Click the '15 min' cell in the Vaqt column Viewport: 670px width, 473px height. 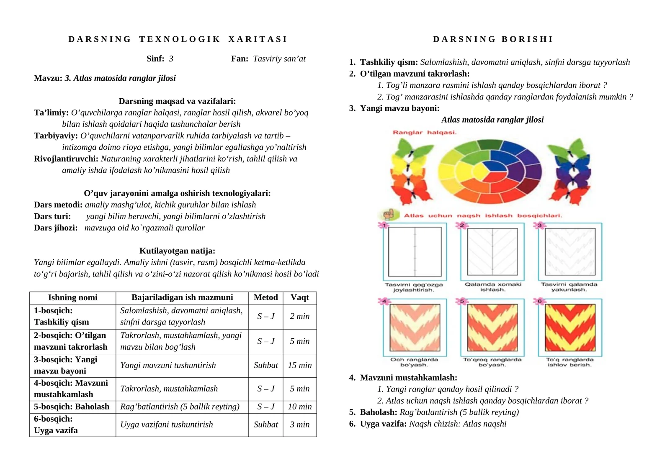point(300,365)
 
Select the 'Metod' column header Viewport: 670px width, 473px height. point(265,297)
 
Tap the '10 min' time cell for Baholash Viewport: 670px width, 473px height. point(300,407)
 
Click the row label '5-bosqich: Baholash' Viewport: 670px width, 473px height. point(72,407)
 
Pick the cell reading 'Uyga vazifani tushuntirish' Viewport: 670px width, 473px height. point(167,424)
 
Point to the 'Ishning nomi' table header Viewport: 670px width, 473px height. point(72,297)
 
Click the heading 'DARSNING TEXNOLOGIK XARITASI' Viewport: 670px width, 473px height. point(178,39)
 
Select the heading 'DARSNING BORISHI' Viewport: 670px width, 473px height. point(493,39)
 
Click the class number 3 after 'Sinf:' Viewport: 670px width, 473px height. point(171,59)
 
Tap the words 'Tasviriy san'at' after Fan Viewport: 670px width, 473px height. point(279,59)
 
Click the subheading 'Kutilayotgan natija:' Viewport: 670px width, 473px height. point(177,251)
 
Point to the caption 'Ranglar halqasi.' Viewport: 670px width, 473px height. point(425,133)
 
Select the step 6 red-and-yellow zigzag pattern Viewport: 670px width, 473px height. point(569,327)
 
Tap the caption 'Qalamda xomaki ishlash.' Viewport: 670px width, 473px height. point(493,287)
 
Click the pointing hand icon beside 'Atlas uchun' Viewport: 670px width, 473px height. point(388,215)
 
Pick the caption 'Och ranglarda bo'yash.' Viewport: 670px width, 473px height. point(414,362)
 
